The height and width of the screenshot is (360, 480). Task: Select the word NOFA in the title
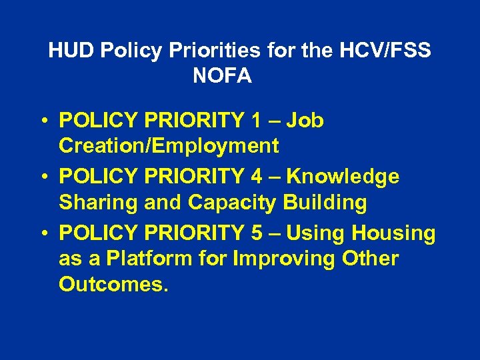click(222, 76)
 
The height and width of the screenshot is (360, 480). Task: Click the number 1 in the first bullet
click(257, 121)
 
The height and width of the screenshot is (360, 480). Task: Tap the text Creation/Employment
click(169, 145)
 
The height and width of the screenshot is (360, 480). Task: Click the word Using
click(316, 233)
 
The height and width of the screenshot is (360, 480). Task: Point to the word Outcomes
click(113, 283)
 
